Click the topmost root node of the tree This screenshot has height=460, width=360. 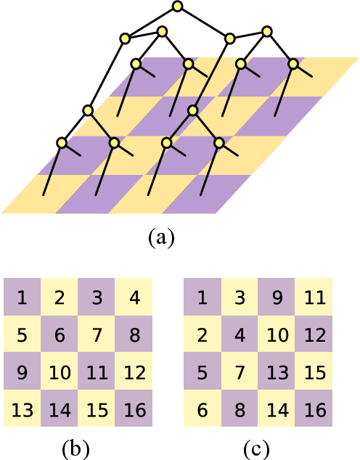[x=178, y=7]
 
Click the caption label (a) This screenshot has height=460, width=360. [x=161, y=237]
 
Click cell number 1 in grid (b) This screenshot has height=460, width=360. [x=22, y=296]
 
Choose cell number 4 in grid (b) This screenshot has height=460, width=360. [x=133, y=296]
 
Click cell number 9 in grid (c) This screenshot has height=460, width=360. [x=276, y=296]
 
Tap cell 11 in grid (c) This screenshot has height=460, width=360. [x=313, y=296]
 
